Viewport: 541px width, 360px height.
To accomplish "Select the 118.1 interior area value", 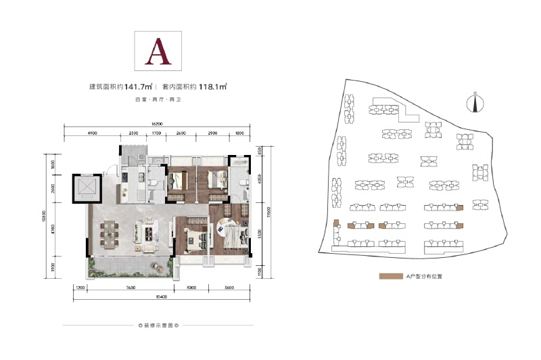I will (x=212, y=87).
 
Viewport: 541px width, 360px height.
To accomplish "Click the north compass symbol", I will (x=475, y=104).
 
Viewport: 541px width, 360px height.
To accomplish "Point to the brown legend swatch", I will (x=390, y=277).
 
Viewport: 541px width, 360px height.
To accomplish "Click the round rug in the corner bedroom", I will (x=224, y=231).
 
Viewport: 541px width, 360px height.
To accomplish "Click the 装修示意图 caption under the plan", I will (x=158, y=325).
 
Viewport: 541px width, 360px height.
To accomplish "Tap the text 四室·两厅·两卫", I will (x=158, y=100).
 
